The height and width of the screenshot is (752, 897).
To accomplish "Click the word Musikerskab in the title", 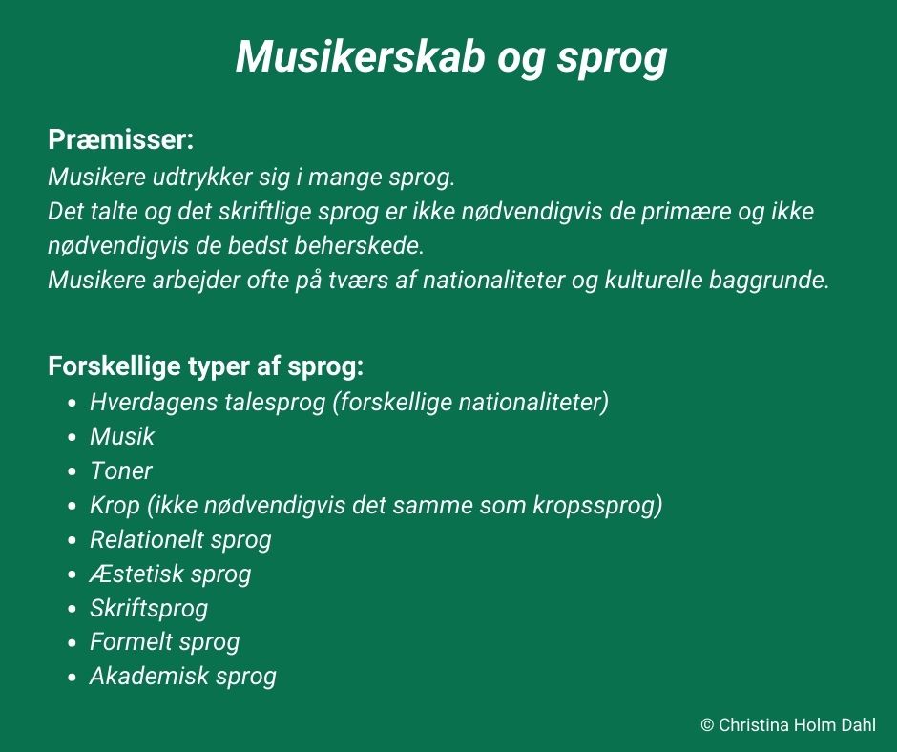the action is pos(361,56).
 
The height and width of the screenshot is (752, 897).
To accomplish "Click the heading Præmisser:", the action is pos(121,139).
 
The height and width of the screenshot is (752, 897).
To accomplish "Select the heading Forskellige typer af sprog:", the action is pos(206,366).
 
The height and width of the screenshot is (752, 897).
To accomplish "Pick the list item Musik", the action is pos(122,437).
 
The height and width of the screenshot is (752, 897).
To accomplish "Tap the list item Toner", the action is pos(121,471).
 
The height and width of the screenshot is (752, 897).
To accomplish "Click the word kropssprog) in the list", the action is pos(597,506).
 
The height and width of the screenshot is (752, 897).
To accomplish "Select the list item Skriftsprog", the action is pos(149,608).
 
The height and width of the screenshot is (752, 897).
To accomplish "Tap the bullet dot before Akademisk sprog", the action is pos(72,678).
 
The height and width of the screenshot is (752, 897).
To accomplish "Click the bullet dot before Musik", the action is pos(72,438).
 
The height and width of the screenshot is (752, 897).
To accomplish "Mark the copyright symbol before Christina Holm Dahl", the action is pos(707,725).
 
